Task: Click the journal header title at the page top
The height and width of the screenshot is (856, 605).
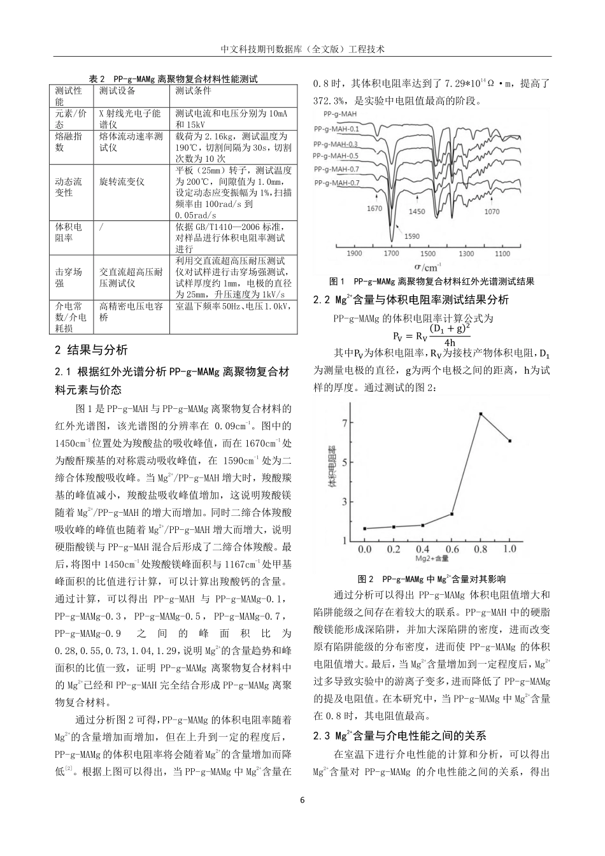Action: (302, 48)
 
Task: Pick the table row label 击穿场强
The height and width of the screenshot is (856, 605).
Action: (68, 277)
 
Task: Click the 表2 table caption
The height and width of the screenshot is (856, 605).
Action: (173, 80)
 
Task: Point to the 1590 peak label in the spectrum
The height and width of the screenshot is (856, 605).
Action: (411, 236)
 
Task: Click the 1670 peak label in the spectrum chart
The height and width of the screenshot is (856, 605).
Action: (374, 208)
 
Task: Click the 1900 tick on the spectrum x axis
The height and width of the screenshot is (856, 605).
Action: (354, 253)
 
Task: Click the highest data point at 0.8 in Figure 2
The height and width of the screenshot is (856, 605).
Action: (480, 414)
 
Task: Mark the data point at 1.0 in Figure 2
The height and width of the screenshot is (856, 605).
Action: (509, 441)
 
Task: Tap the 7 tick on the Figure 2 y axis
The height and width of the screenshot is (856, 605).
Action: (345, 423)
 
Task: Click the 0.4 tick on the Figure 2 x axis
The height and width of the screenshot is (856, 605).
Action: (422, 548)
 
